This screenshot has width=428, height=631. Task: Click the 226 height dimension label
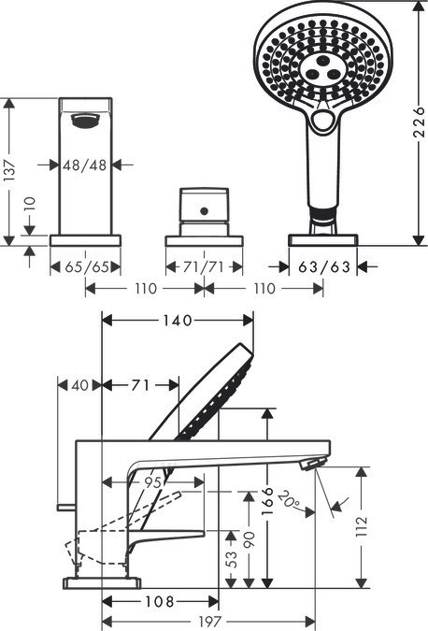click(419, 122)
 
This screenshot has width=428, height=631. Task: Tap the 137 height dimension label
click(8, 169)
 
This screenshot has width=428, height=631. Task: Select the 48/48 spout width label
click(85, 165)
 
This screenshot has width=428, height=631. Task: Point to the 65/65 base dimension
click(86, 266)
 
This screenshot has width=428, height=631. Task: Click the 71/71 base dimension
click(203, 266)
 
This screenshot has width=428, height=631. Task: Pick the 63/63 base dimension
click(324, 266)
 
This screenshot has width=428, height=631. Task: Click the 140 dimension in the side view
click(177, 321)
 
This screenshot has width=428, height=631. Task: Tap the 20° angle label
click(290, 499)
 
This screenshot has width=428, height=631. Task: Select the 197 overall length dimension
click(209, 622)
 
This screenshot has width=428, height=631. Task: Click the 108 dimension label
click(160, 602)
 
